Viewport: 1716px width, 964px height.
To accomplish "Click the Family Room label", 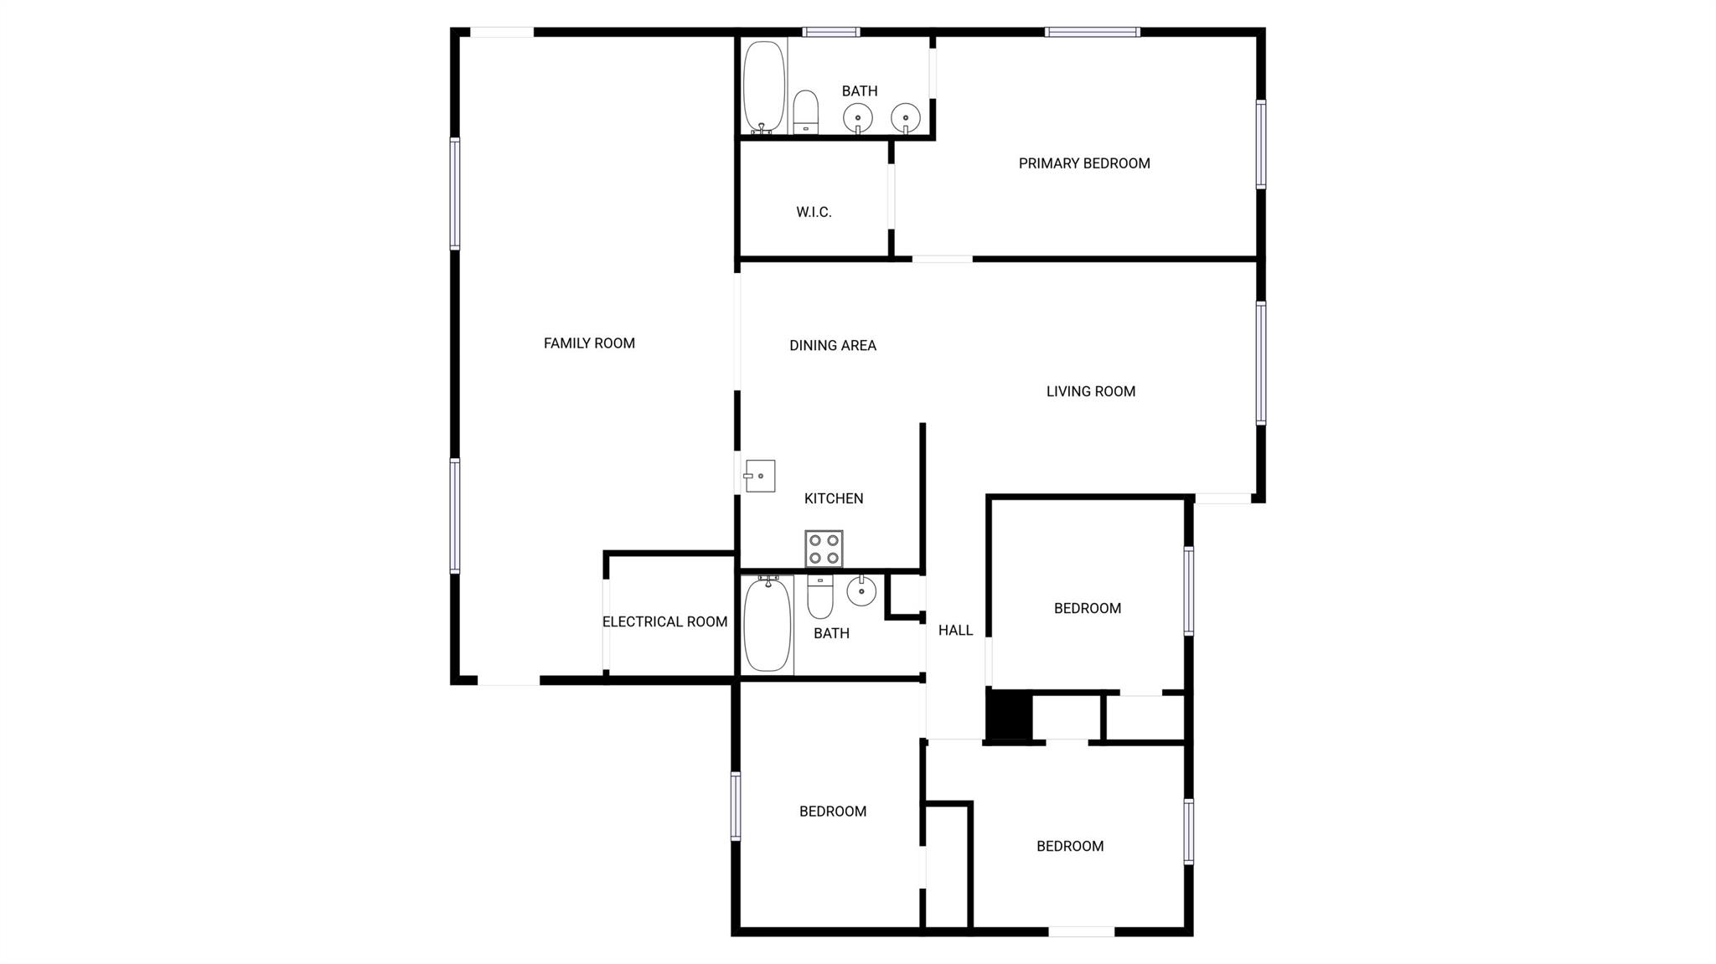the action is (589, 343).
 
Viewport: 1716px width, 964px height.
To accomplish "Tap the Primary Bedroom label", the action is (1084, 163).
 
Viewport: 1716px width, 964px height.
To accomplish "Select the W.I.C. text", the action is (814, 212).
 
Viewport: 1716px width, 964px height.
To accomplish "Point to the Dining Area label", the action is (833, 345).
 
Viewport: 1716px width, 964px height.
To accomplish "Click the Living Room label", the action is (1091, 391).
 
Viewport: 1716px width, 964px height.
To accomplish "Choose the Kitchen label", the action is (834, 498).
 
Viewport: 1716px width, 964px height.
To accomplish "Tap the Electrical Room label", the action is (664, 621).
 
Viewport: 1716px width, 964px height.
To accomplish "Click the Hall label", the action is (955, 630).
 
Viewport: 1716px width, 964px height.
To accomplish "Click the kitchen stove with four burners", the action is (824, 549).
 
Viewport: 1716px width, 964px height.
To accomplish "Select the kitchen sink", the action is (760, 476).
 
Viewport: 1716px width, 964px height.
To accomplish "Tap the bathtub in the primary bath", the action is (764, 87).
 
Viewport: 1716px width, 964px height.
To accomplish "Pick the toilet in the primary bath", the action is (805, 112).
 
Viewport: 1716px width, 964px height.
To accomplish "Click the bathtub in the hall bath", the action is (768, 624).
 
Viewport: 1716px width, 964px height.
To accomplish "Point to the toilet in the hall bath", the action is (820, 596).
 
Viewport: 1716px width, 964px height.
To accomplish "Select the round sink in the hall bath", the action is (861, 591).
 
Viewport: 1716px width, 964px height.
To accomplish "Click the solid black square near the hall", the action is (1009, 715).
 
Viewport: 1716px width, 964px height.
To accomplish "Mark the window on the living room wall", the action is (1260, 363).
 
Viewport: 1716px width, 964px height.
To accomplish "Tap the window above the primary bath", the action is (831, 32).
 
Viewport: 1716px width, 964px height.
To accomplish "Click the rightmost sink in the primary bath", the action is (906, 118).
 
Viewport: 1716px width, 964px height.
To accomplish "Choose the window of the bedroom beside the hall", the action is (1188, 590).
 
